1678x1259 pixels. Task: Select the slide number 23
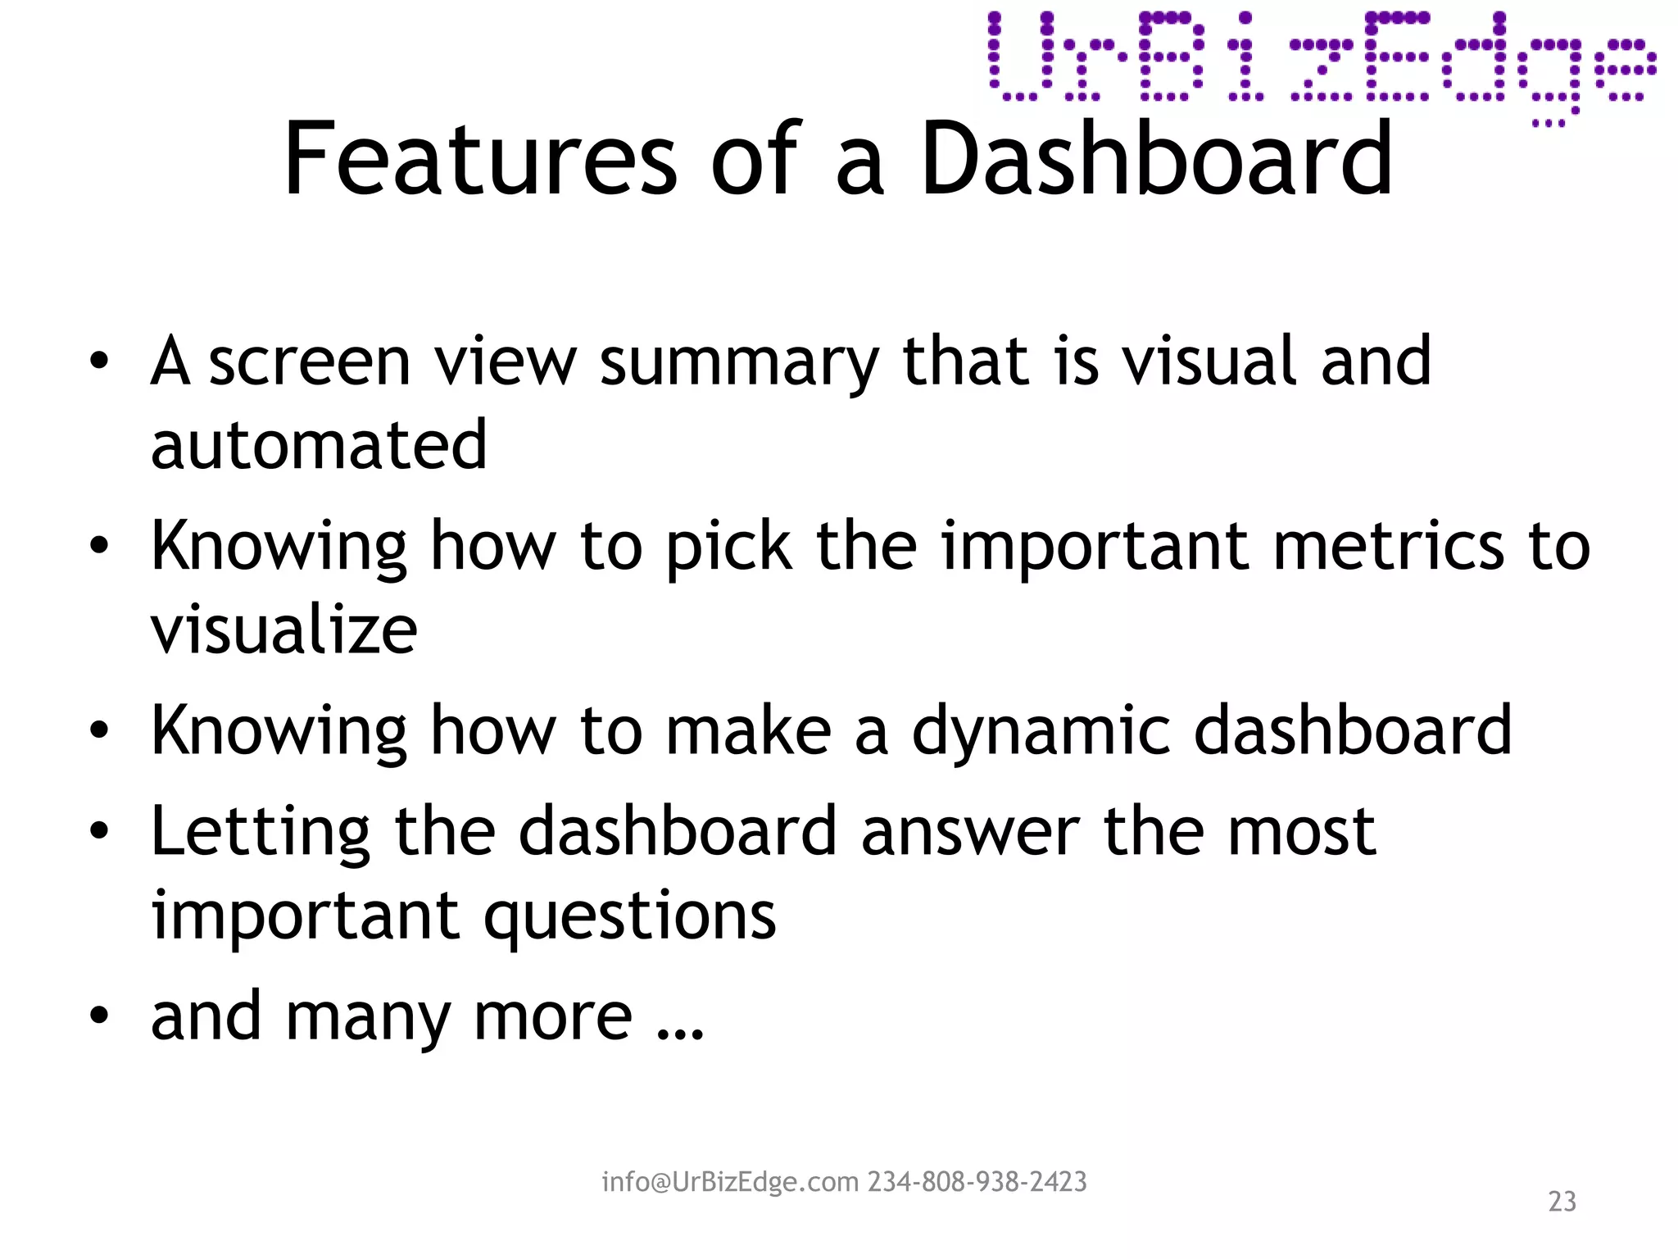[1562, 1202]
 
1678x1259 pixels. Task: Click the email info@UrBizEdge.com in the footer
[730, 1182]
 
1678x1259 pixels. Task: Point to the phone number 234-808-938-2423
[977, 1182]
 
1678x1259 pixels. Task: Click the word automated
[320, 445]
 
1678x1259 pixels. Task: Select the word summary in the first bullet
[740, 363]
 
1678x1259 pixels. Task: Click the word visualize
[284, 631]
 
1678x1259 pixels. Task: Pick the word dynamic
[1041, 732]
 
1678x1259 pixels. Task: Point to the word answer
[970, 833]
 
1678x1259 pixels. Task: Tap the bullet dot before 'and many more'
[99, 1016]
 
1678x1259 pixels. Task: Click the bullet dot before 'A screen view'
[99, 361]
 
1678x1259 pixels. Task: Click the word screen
[310, 363]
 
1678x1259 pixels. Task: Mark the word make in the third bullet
[748, 730]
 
